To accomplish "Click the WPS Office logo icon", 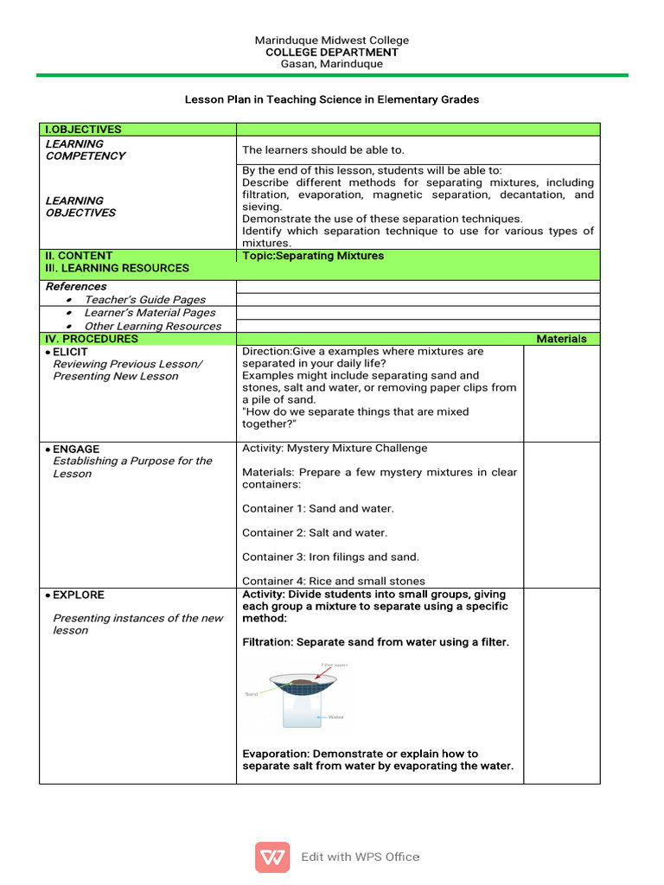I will point(272,856).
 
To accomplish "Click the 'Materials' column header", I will point(561,339).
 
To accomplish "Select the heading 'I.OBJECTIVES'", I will point(84,130).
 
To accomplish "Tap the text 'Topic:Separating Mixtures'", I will point(313,256).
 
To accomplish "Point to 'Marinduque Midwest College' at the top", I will point(332,41).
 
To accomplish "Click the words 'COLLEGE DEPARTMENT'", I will point(332,53).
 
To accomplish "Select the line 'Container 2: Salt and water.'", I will point(315,532).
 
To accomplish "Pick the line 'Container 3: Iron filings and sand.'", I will point(330,557).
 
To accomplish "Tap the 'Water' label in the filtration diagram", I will point(336,716).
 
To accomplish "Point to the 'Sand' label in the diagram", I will point(252,693).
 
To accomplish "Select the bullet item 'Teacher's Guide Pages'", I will point(144,299).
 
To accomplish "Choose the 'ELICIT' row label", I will point(69,352).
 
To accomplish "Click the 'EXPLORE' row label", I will point(78,595).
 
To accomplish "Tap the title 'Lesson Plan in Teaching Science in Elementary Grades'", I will point(332,99).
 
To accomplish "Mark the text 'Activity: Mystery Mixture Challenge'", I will point(335,448).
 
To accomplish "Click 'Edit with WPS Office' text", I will point(361,856).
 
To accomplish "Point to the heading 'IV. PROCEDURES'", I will point(92,339).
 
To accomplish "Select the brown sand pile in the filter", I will point(303,682).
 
